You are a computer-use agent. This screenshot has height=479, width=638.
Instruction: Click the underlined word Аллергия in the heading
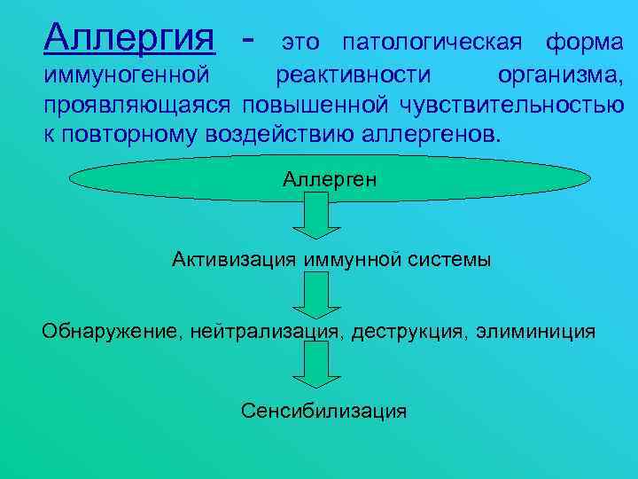point(129,37)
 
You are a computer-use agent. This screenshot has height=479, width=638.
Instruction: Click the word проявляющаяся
point(137,106)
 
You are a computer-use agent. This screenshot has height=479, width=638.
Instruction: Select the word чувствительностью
point(511,106)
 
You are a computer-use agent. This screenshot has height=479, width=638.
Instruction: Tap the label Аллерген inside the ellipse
point(330,179)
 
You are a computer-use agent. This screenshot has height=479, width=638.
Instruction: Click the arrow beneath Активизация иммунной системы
point(312,295)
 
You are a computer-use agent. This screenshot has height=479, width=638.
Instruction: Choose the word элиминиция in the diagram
point(535,333)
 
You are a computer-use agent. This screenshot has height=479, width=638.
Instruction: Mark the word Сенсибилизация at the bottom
point(323,411)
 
